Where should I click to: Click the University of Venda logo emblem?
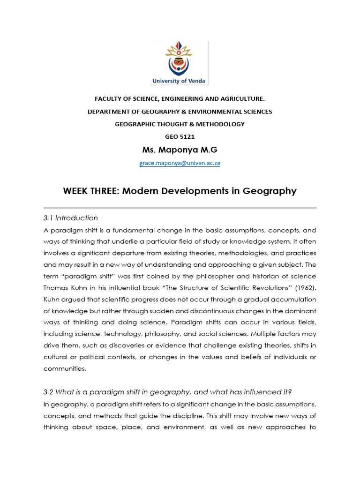pos(180,59)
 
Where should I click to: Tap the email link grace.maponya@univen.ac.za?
pos(180,163)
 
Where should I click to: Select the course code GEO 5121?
pos(180,137)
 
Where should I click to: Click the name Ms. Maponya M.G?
pos(180,150)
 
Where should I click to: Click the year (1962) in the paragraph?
pos(305,287)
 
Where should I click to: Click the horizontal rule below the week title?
pos(180,208)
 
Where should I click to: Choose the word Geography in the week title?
pos(267,191)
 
